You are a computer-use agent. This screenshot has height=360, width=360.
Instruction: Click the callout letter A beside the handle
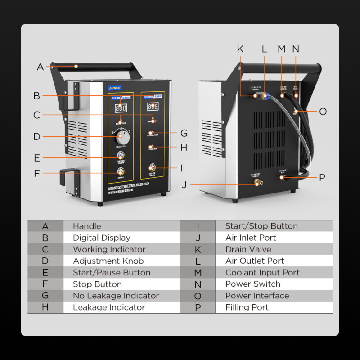(x=40, y=67)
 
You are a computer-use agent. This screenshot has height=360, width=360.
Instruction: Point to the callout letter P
(x=322, y=178)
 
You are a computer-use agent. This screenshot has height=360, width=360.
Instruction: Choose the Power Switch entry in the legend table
(x=252, y=284)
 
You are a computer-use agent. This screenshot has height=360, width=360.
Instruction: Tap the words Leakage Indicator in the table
(x=109, y=307)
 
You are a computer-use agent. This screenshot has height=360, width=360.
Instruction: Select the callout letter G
(x=184, y=134)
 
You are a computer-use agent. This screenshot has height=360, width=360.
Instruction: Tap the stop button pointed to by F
(x=121, y=171)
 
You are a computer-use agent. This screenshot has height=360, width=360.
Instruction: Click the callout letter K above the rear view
(x=240, y=49)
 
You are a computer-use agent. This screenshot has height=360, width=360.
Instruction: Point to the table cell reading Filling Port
(x=247, y=307)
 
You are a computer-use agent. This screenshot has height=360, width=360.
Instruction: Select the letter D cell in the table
(x=45, y=261)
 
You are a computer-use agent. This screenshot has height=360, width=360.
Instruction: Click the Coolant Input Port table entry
(x=262, y=273)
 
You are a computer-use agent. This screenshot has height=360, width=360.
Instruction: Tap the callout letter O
(x=323, y=112)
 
